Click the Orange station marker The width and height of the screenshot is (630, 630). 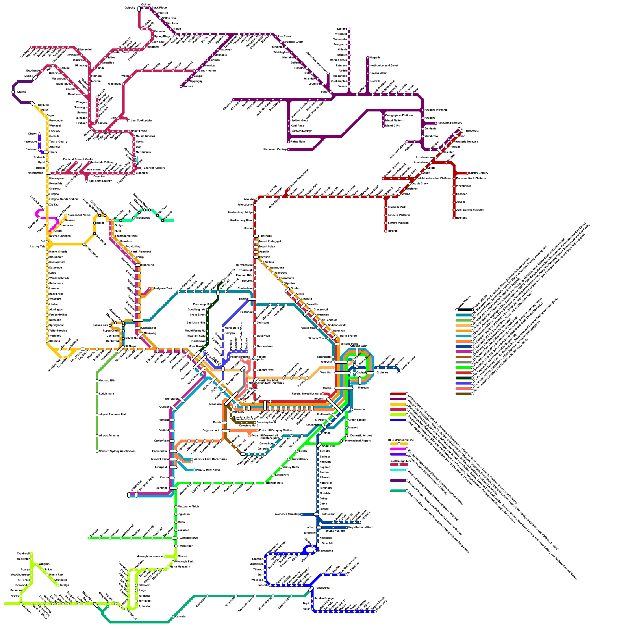pos(13,92)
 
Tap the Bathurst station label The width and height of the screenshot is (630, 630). pos(43,105)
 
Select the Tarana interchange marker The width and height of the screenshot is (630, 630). pos(46,152)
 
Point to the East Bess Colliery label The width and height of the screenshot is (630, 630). pos(100,181)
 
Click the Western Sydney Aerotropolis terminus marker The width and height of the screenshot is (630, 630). pos(97,451)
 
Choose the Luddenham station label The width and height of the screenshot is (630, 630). pos(106,393)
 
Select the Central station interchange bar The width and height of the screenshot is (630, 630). pos(344,388)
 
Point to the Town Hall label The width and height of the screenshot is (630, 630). pos(326,372)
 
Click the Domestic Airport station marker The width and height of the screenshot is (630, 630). pos(346,435)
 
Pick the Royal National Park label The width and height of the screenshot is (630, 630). pos(361,527)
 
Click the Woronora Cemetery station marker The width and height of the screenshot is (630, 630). pos(302,514)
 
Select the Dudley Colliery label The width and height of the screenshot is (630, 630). pos(479,173)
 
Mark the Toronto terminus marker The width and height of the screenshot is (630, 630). pos(386,231)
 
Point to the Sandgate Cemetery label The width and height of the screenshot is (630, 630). pos(449,123)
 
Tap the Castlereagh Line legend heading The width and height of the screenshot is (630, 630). pos(400,461)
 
